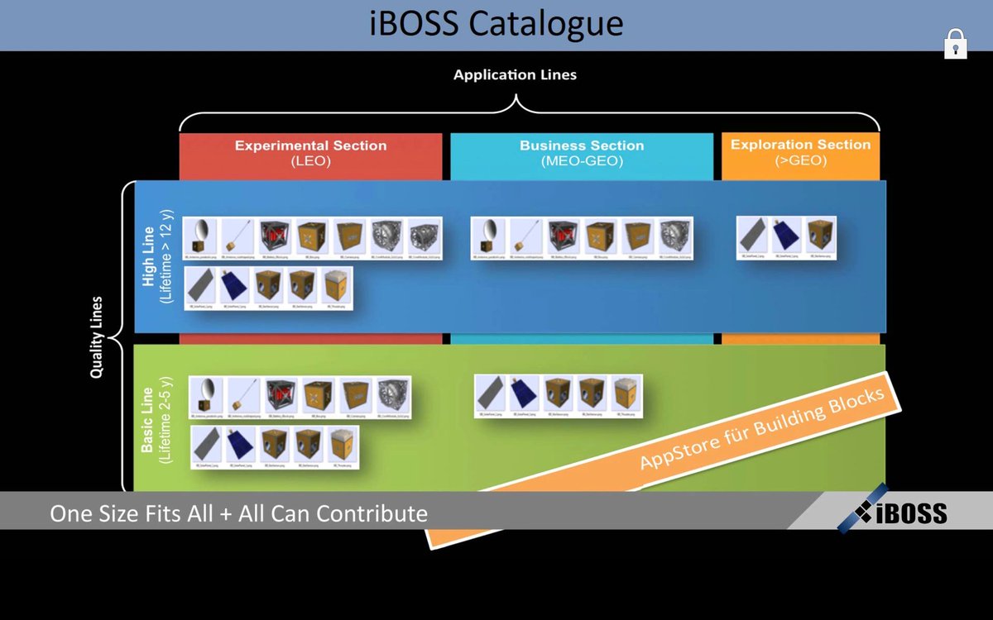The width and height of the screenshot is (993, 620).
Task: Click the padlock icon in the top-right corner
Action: tap(956, 44)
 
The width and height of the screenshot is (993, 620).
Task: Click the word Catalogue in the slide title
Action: tap(545, 23)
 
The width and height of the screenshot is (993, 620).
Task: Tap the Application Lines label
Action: tap(515, 74)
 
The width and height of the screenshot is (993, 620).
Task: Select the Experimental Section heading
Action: tap(310, 145)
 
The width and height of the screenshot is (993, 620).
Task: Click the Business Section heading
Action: tap(581, 145)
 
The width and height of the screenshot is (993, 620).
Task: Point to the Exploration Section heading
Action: tap(800, 145)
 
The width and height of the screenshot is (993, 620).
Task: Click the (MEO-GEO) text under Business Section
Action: tap(581, 161)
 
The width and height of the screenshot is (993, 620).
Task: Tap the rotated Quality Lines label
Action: tap(97, 337)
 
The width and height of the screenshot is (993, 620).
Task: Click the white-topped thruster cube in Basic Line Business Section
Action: tap(626, 393)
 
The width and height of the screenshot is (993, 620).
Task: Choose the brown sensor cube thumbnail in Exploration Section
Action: tap(819, 235)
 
